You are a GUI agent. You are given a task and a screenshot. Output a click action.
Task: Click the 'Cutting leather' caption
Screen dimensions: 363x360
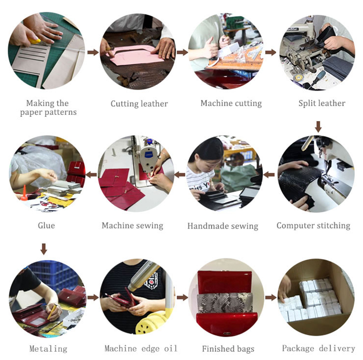click(x=139, y=104)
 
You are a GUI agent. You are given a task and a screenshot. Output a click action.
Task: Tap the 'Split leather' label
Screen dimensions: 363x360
click(x=322, y=103)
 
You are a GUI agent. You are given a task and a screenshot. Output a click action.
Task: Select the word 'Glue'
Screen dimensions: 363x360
click(x=46, y=225)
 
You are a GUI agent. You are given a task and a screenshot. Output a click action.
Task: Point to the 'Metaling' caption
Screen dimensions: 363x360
click(x=48, y=349)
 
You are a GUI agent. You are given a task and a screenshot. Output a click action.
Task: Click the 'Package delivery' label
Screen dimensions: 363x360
click(x=318, y=348)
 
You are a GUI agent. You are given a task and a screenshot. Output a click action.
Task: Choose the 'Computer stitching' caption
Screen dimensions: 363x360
click(x=313, y=226)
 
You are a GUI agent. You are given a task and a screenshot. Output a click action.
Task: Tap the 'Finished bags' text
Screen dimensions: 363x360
click(x=228, y=349)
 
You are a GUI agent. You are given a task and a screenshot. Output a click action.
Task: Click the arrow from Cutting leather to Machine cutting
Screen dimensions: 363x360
click(x=182, y=52)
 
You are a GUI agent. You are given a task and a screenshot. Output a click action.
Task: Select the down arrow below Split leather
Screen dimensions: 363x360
click(x=318, y=126)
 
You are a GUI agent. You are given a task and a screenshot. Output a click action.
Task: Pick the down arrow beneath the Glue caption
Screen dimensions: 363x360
click(x=44, y=249)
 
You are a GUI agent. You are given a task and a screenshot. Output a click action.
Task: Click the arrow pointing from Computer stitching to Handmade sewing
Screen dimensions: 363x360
click(x=269, y=174)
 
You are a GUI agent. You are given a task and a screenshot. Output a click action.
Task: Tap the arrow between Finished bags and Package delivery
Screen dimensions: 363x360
click(x=271, y=297)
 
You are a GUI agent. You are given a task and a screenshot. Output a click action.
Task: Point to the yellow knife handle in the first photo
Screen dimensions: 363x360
click(x=35, y=41)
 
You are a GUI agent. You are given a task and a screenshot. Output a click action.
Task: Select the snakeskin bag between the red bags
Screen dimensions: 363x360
click(x=225, y=303)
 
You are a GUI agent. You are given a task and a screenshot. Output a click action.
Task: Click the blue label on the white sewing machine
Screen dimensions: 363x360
click(x=149, y=154)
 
